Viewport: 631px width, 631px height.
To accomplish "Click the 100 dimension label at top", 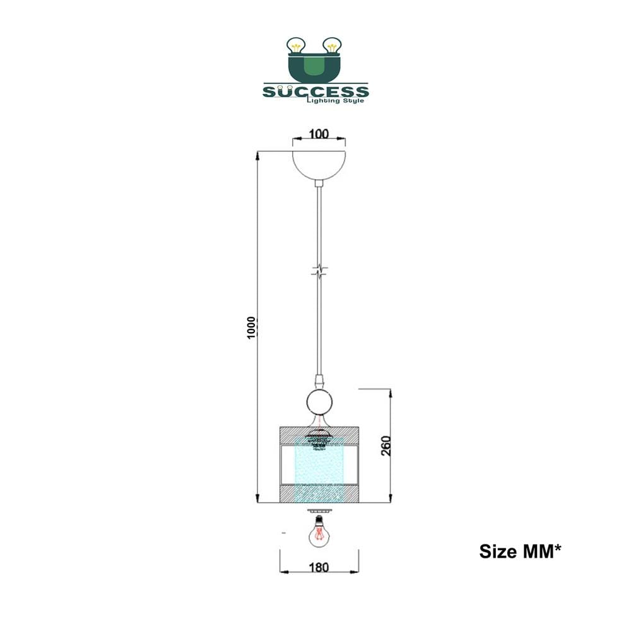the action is click(x=319, y=134).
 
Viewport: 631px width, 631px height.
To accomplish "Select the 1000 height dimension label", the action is click(x=252, y=327).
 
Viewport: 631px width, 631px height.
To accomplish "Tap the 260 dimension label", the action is click(x=386, y=445).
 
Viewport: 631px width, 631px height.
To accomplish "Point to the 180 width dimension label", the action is click(x=319, y=567).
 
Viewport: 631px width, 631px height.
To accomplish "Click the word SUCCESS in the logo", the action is click(x=316, y=91).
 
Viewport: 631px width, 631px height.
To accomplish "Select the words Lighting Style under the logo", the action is click(x=336, y=100).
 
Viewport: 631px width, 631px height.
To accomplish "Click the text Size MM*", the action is click(x=520, y=551).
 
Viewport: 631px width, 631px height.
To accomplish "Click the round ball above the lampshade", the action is click(x=319, y=402).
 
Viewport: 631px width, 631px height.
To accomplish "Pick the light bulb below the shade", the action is click(x=319, y=532).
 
